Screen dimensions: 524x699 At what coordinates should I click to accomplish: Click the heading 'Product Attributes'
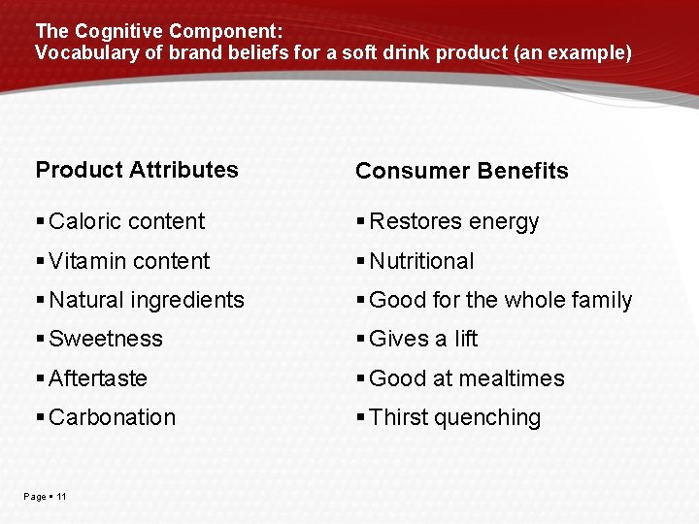pyautogui.click(x=137, y=170)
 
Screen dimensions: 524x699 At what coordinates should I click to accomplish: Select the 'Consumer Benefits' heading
pyautogui.click(x=461, y=171)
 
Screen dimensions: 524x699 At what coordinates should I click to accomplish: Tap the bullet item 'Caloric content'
pyautogui.click(x=126, y=221)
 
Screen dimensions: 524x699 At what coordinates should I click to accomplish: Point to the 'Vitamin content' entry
pyautogui.click(x=128, y=261)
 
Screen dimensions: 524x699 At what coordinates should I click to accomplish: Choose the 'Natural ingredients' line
pyautogui.click(x=146, y=301)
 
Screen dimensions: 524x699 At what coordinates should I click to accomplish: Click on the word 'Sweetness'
pyautogui.click(x=105, y=340)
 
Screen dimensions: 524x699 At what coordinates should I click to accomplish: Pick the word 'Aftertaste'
pyautogui.click(x=97, y=378)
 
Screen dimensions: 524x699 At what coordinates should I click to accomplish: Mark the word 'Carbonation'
pyautogui.click(x=112, y=418)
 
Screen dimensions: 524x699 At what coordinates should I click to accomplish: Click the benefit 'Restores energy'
pyautogui.click(x=453, y=222)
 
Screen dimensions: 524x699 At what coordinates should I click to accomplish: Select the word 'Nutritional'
pyautogui.click(x=421, y=261)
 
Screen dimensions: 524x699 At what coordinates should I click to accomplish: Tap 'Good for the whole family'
pyautogui.click(x=500, y=301)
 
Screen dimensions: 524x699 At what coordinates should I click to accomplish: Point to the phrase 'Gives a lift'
pyautogui.click(x=423, y=340)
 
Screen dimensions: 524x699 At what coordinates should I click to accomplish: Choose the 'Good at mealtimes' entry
pyautogui.click(x=466, y=378)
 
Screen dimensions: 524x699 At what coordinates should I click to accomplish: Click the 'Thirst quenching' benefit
pyautogui.click(x=454, y=418)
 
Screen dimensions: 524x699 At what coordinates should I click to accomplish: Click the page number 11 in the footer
pyautogui.click(x=61, y=497)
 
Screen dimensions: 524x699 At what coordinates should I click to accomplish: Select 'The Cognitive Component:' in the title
pyautogui.click(x=158, y=32)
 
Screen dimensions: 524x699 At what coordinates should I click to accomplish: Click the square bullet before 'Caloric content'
pyautogui.click(x=40, y=222)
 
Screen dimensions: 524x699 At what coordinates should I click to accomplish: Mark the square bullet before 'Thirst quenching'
pyautogui.click(x=361, y=418)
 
